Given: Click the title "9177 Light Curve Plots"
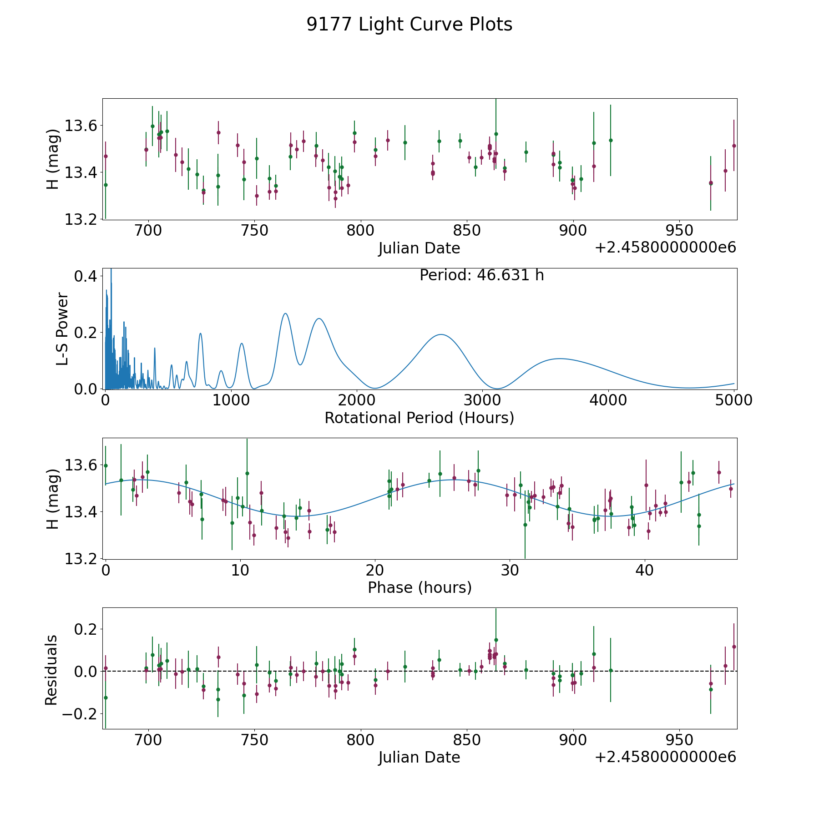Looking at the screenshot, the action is [x=409, y=25].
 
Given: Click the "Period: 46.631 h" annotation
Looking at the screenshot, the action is [x=481, y=275].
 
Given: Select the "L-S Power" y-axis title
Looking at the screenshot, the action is [x=62, y=329].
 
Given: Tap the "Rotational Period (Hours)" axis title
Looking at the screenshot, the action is [x=419, y=418].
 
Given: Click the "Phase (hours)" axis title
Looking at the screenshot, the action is [x=420, y=587].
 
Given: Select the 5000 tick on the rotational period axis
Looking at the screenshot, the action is [x=734, y=400].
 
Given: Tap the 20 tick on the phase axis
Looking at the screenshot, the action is [x=375, y=570].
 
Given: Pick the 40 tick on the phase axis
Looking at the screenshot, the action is [x=645, y=570].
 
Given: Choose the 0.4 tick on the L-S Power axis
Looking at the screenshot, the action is [x=86, y=276].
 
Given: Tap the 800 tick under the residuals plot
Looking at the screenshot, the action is [x=361, y=740].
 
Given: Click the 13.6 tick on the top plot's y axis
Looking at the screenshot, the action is [x=81, y=126].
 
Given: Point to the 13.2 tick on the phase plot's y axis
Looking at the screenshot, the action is [x=81, y=559].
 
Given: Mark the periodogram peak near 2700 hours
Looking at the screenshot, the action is [x=441, y=334].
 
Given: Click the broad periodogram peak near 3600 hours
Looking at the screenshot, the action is [x=559, y=359].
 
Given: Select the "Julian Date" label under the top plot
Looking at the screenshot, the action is [x=419, y=248].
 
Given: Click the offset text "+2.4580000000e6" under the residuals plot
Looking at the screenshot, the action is [x=666, y=757].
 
